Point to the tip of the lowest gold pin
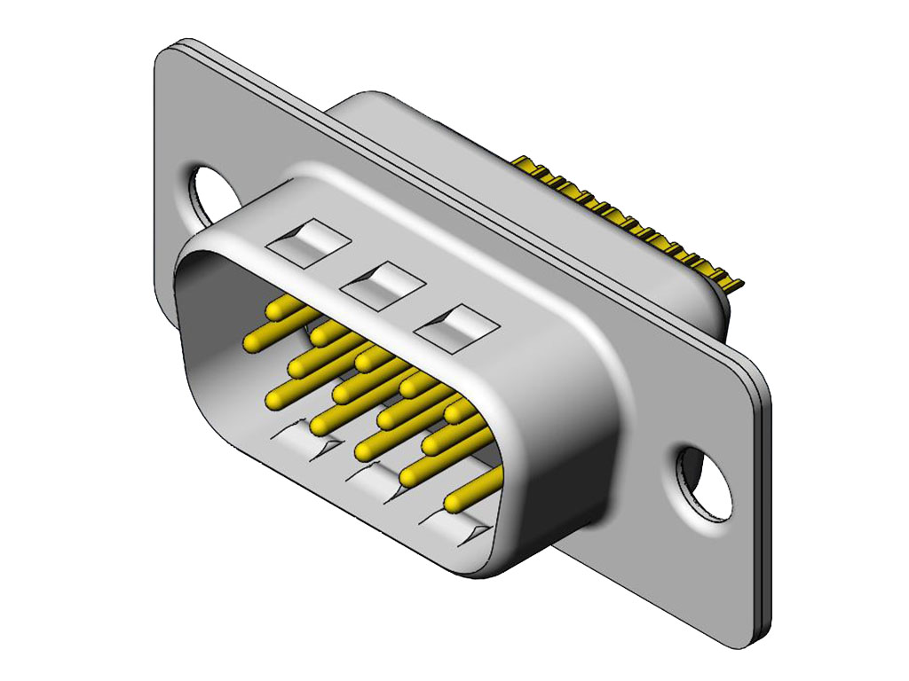tap(454, 504)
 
